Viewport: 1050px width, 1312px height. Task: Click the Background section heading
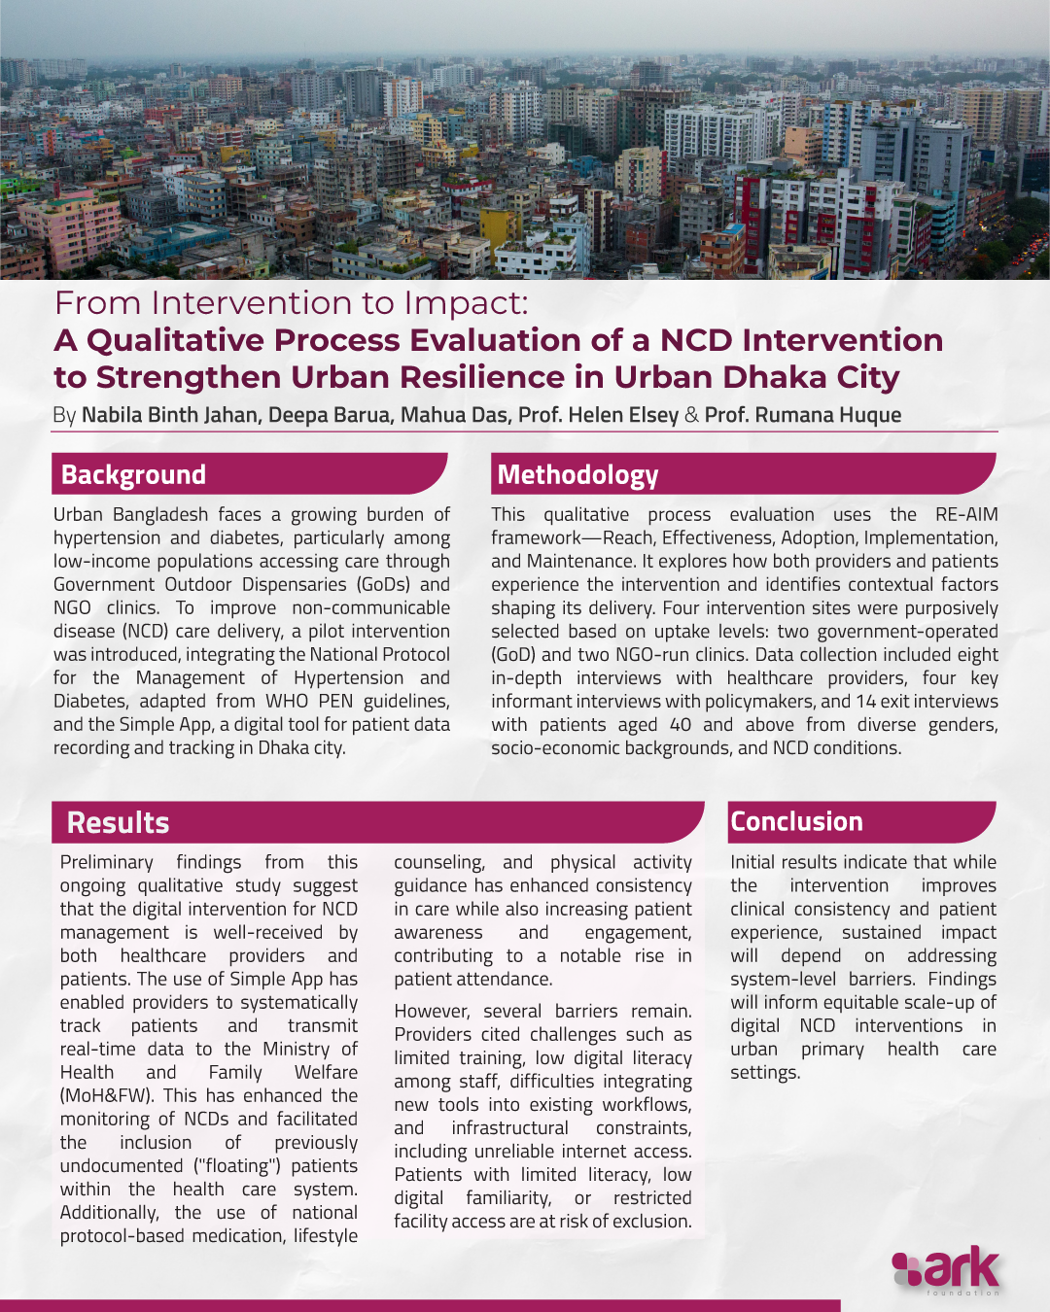tap(133, 474)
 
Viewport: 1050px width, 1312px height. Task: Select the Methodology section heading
tap(577, 474)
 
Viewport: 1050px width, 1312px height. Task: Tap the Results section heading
tap(118, 823)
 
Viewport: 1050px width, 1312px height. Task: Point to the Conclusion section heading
tap(796, 821)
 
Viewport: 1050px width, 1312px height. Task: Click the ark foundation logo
tap(946, 1269)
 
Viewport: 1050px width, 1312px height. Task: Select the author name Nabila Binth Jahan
tap(169, 415)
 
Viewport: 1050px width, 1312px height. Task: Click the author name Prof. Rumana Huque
tap(803, 415)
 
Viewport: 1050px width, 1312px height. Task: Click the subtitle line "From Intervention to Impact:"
tap(291, 303)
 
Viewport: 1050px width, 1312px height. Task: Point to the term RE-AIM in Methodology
tap(966, 514)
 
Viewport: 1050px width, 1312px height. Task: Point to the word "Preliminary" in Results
tap(106, 862)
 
